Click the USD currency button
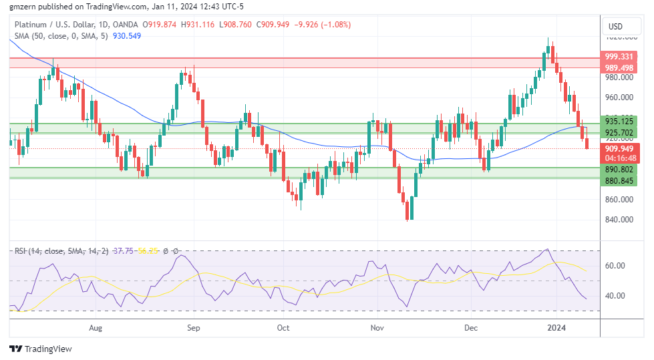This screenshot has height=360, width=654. coord(615,27)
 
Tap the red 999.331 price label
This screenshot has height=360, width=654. coord(619,57)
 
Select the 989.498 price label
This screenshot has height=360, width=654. coord(619,67)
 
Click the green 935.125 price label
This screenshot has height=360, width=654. coord(619,121)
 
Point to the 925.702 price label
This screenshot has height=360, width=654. coord(619,132)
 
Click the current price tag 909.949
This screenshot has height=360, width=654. coord(619,148)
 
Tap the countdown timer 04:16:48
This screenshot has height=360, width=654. coord(619,158)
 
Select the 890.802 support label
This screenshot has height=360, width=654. coord(619,170)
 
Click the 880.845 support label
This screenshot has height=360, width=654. coord(619,180)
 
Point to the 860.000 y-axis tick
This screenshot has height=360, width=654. coord(619,199)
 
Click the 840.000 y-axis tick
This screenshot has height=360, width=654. coord(619,219)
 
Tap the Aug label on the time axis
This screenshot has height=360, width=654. coord(96,328)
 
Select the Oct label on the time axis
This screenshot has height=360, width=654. coord(283,328)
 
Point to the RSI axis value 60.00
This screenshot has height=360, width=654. coord(615,265)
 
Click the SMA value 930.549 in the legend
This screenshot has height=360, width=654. coord(127,35)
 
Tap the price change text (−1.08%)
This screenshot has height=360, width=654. coord(336,25)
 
